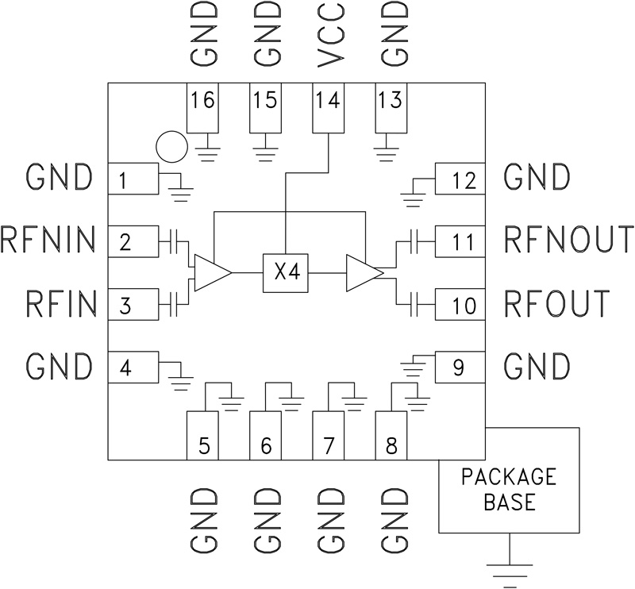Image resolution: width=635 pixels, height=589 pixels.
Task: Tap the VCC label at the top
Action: click(x=329, y=35)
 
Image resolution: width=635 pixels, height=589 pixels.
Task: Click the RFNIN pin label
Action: click(x=48, y=239)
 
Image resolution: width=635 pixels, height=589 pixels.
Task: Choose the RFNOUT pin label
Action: click(x=568, y=239)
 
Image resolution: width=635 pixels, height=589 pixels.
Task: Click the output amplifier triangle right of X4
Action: click(x=363, y=272)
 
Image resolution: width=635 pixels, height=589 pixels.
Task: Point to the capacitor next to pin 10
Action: click(x=413, y=302)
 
